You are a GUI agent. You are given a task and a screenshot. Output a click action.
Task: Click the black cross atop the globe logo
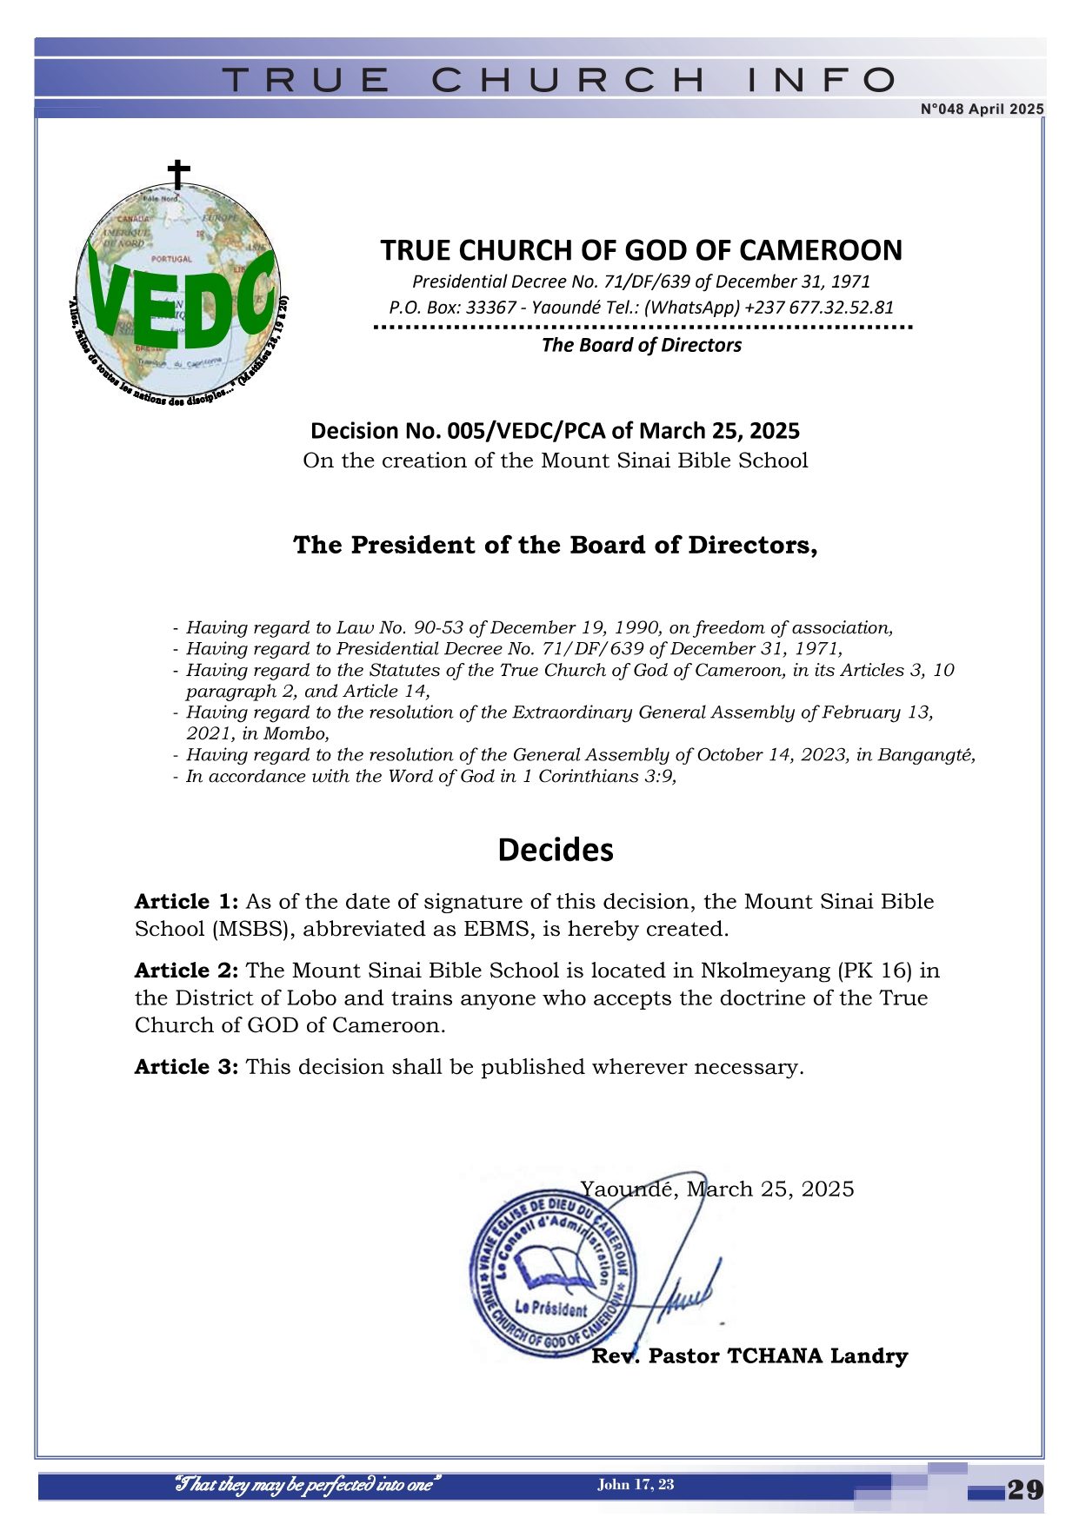click(x=178, y=175)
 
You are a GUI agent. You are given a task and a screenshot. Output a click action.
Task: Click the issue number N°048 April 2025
click(x=982, y=109)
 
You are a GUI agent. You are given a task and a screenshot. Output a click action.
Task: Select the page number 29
click(x=1025, y=1490)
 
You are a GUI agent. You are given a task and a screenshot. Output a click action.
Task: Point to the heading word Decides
click(x=556, y=850)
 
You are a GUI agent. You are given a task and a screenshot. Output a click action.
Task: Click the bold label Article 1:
click(x=186, y=902)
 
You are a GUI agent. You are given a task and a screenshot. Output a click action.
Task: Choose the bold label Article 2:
click(x=186, y=971)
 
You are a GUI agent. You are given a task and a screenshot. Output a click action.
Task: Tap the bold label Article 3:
click(x=186, y=1067)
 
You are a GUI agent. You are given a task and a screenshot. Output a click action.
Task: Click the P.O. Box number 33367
click(x=491, y=307)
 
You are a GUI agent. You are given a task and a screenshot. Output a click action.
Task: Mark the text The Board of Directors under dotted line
click(x=642, y=345)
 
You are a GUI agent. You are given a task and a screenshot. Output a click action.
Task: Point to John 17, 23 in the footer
click(x=636, y=1484)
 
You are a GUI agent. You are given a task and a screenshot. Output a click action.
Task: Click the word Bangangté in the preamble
click(x=926, y=755)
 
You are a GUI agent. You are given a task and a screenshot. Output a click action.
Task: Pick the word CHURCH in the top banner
click(x=569, y=81)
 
